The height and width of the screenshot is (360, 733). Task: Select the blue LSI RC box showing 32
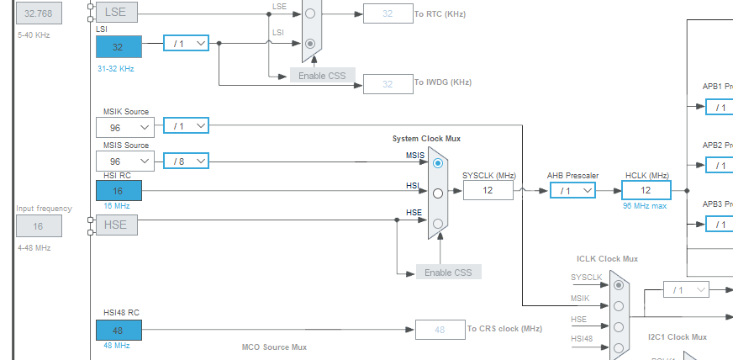pos(119,46)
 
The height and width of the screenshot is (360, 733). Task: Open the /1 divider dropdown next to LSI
pos(185,42)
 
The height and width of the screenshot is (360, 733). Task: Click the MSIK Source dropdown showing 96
pos(124,127)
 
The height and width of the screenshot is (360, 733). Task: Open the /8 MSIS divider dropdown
pos(185,161)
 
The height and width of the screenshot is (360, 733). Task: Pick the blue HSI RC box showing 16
pos(119,191)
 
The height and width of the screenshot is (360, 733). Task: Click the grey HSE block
pos(119,225)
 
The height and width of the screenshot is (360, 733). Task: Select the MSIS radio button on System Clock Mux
pos(437,163)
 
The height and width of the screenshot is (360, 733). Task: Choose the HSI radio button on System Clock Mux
pos(437,193)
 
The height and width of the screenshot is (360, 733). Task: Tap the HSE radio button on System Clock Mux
pos(437,223)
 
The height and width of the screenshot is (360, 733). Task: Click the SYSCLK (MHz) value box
pos(488,191)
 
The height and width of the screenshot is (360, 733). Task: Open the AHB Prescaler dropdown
pos(572,191)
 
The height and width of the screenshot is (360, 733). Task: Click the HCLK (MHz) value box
pos(646,191)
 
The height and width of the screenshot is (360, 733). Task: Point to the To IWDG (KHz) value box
pos(388,83)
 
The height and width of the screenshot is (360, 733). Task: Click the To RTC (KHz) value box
pos(388,13)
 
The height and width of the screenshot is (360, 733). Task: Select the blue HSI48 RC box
pos(119,330)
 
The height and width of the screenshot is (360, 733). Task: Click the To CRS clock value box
pos(440,330)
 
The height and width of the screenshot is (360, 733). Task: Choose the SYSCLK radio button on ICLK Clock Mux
pos(619,285)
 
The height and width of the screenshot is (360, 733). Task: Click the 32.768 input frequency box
pos(39,13)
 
